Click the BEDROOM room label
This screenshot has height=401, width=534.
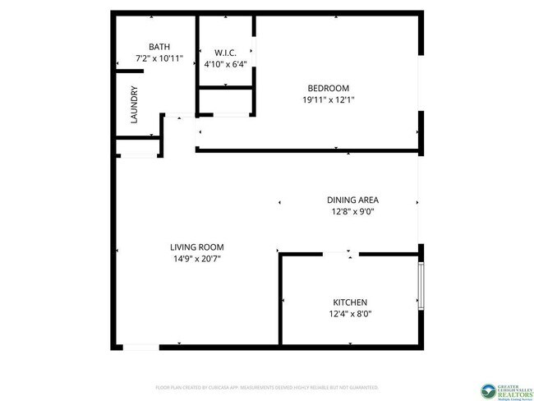click(328, 89)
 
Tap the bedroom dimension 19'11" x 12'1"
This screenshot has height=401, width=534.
click(328, 100)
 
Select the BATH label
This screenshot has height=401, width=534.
click(159, 47)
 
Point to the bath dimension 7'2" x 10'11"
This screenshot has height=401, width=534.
click(159, 59)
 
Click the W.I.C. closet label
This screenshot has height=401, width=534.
click(225, 53)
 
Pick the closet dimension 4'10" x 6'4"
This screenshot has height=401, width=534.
click(225, 64)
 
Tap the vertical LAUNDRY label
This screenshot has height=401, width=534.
click(133, 105)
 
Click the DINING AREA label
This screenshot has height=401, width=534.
click(352, 200)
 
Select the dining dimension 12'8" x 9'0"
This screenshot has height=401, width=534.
click(352, 211)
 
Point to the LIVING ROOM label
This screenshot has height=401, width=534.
click(196, 247)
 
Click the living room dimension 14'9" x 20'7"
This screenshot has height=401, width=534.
click(196, 259)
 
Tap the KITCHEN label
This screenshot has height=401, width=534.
click(349, 302)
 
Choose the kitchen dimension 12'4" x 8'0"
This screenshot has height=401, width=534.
click(349, 314)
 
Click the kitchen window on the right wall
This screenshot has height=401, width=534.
click(421, 284)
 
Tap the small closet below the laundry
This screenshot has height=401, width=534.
click(136, 147)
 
